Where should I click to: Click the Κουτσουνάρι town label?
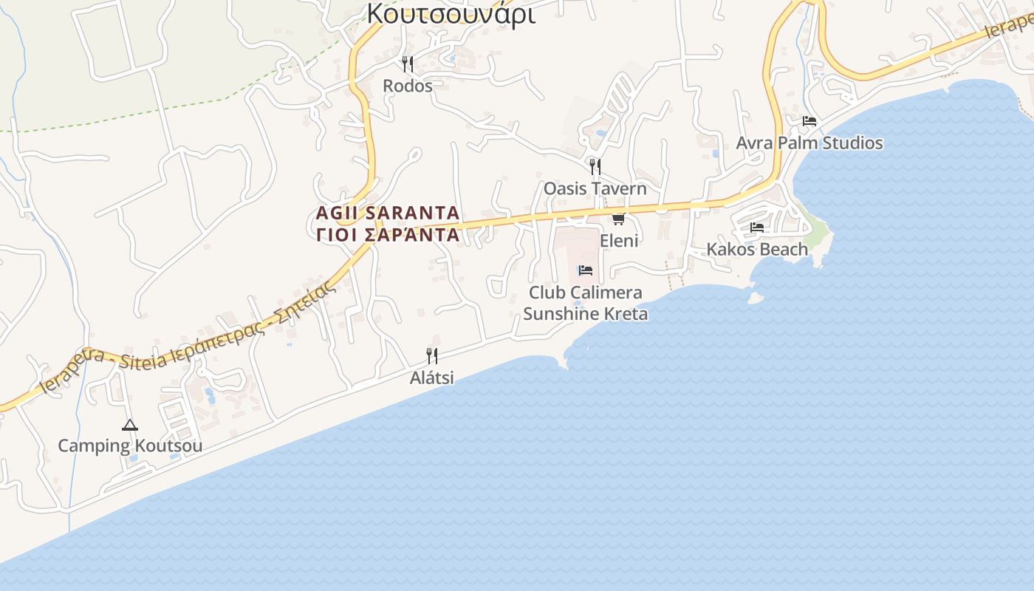(x=451, y=13)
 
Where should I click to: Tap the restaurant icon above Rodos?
(x=408, y=64)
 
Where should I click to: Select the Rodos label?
(x=408, y=86)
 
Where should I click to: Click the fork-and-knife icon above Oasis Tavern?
(x=595, y=167)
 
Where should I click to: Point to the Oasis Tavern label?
(x=595, y=188)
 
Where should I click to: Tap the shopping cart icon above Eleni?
(x=619, y=219)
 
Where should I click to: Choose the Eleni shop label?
(x=619, y=241)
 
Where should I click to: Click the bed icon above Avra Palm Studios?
(x=809, y=121)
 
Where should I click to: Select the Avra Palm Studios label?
(x=809, y=143)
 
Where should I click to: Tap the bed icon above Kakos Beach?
(x=757, y=228)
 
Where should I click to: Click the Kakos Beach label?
(x=758, y=249)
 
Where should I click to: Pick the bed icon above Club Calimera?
(x=586, y=270)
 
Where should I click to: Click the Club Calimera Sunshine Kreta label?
(x=586, y=303)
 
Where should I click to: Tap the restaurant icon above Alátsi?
(x=432, y=356)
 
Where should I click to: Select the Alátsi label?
(x=432, y=378)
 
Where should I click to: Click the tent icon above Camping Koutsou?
(x=130, y=425)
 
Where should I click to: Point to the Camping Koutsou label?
(x=130, y=446)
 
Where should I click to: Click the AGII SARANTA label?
(x=388, y=213)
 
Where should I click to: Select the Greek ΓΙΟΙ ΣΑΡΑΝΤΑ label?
(x=388, y=235)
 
